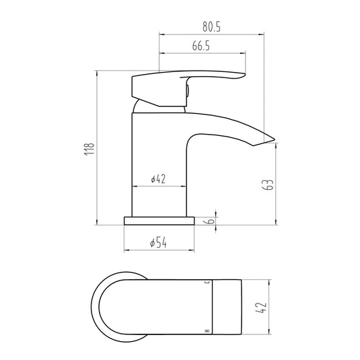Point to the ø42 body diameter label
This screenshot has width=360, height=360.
[x=159, y=179]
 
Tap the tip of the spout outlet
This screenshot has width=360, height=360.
[x=273, y=139]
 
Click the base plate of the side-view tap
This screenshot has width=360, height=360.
[x=159, y=221]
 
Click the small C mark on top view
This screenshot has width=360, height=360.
[x=207, y=283]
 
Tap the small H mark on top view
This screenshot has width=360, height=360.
[x=206, y=331]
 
